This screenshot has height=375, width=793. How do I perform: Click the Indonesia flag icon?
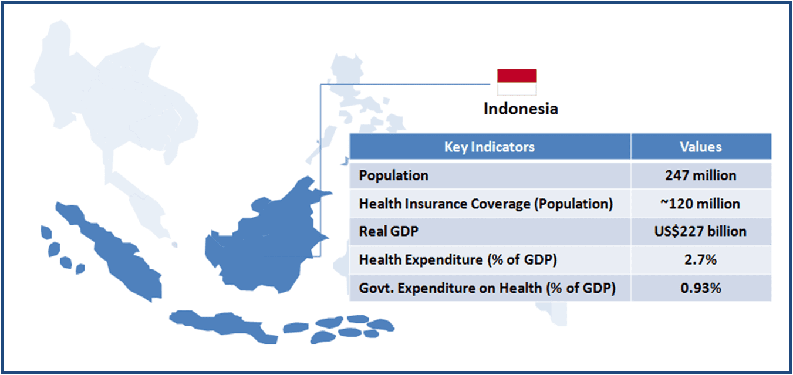517,82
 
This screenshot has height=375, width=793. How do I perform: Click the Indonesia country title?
521,109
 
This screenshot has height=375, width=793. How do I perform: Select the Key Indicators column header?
490,147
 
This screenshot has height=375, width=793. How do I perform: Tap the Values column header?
701,147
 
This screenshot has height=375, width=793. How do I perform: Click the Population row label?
394,175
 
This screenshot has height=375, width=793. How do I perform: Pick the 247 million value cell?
701,175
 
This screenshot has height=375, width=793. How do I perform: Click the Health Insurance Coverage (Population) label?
486,204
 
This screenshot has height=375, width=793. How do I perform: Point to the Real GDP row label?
389,231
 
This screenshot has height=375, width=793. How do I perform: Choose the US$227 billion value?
700,231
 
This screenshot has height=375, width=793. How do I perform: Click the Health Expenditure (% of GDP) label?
458,260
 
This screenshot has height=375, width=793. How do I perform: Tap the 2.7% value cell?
701,260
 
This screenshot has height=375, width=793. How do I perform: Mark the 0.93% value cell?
701,288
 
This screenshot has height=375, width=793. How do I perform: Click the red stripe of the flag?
517,76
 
